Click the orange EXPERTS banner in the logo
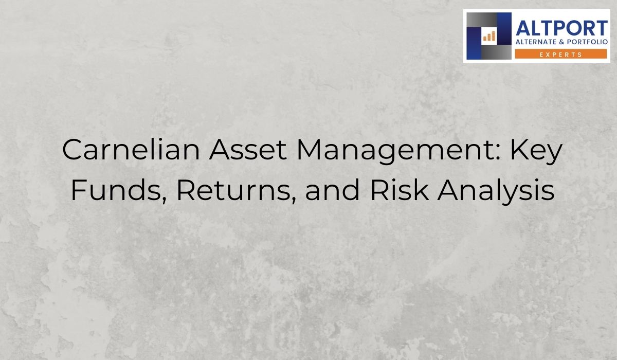click(x=561, y=54)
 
